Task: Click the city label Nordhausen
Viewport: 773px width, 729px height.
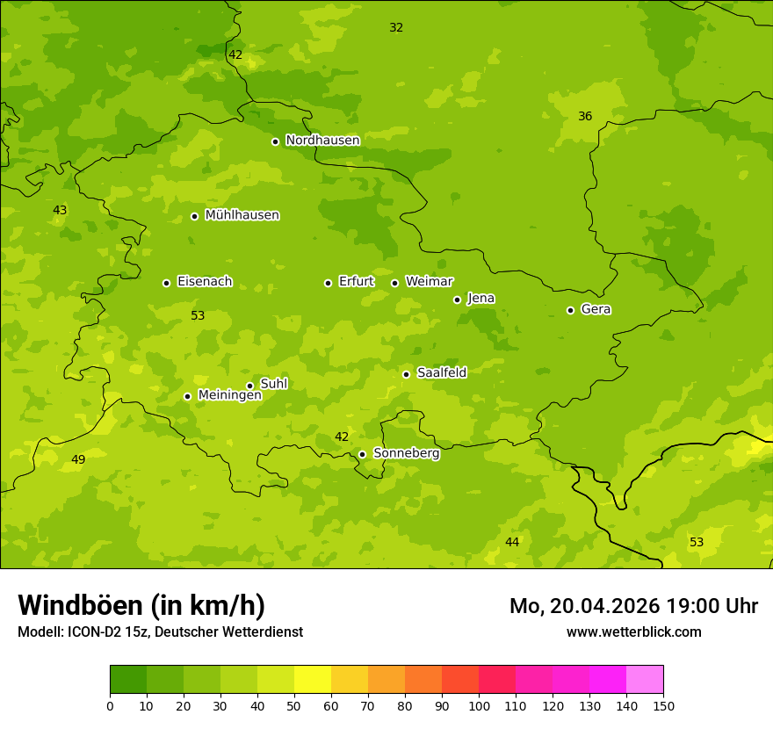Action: pos(322,141)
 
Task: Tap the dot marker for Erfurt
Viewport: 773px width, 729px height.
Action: pos(328,283)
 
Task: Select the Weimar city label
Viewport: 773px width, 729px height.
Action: pos(429,282)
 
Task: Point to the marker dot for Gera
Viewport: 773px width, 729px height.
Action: pos(570,310)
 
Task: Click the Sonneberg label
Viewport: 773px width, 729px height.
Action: pos(406,453)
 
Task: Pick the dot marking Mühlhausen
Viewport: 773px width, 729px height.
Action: pos(194,216)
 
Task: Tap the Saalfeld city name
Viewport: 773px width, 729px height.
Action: pos(441,373)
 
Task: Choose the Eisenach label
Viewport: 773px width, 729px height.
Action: pos(205,282)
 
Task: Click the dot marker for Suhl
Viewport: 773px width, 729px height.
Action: pos(249,386)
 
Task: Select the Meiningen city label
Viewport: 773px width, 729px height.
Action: pos(229,395)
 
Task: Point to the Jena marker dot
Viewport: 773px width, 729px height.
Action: pos(457,300)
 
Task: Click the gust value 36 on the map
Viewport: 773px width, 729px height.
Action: pos(585,117)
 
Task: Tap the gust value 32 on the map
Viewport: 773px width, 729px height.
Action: pos(396,28)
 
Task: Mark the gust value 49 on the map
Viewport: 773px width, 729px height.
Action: pos(78,460)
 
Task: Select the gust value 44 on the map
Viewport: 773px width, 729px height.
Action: pos(512,543)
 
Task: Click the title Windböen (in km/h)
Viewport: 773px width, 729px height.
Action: pos(141,605)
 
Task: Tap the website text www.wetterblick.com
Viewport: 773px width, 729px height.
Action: pos(633,632)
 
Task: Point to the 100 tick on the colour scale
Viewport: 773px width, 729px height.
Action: pos(479,705)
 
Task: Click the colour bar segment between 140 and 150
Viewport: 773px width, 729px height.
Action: pos(645,679)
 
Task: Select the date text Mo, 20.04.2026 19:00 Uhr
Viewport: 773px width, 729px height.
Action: pos(633,606)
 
